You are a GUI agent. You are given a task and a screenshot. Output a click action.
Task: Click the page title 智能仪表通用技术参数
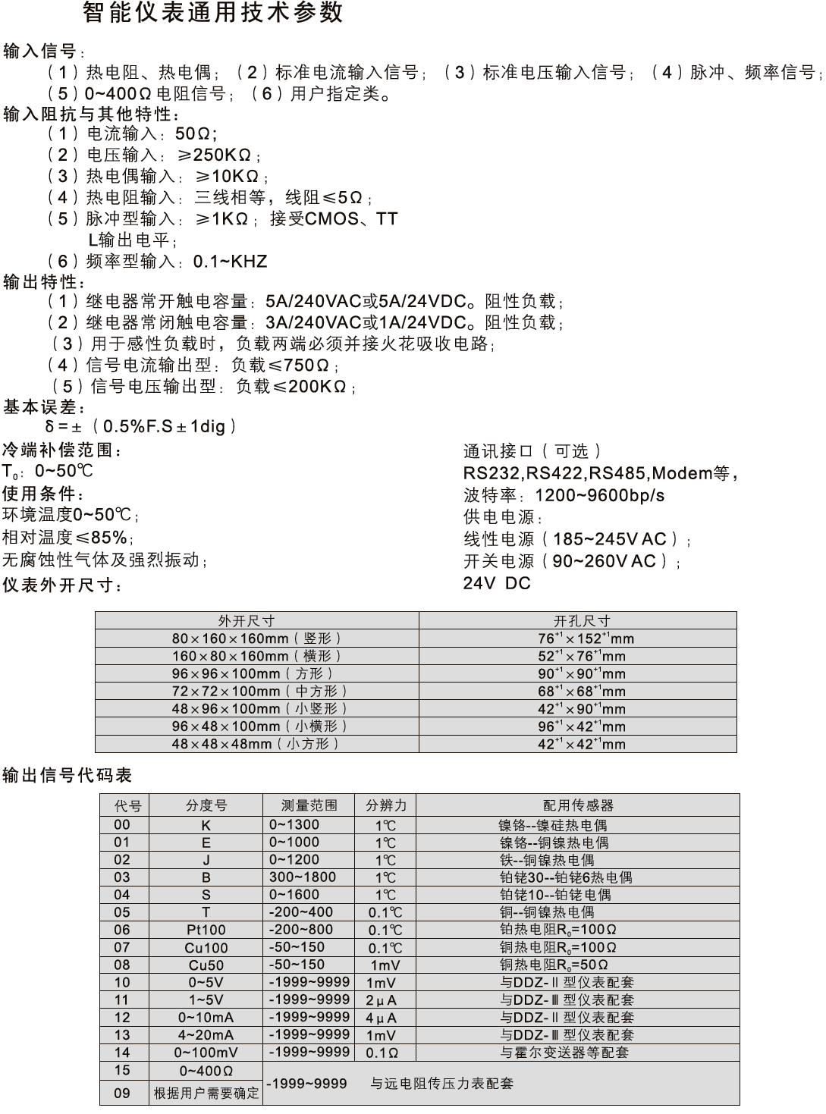212,13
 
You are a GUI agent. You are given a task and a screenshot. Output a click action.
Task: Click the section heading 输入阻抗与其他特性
90,115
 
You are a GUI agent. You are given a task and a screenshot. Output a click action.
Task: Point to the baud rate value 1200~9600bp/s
599,496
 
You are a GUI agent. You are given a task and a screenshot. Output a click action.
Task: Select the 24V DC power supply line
497,583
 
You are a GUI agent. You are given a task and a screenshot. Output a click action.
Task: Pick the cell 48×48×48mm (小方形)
256,744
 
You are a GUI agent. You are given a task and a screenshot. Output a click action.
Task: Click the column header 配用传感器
578,805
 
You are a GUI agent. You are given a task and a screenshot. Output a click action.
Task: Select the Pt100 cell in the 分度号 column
206,930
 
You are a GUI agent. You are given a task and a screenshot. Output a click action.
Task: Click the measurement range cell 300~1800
302,877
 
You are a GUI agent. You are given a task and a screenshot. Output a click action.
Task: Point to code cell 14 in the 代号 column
122,1053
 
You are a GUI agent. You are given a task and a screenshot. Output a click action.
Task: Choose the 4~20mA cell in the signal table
206,1035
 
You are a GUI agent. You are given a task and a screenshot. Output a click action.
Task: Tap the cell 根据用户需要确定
206,1094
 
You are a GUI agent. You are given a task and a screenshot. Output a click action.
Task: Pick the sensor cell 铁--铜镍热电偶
547,861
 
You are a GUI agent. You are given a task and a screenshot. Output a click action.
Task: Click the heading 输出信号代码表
68,775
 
